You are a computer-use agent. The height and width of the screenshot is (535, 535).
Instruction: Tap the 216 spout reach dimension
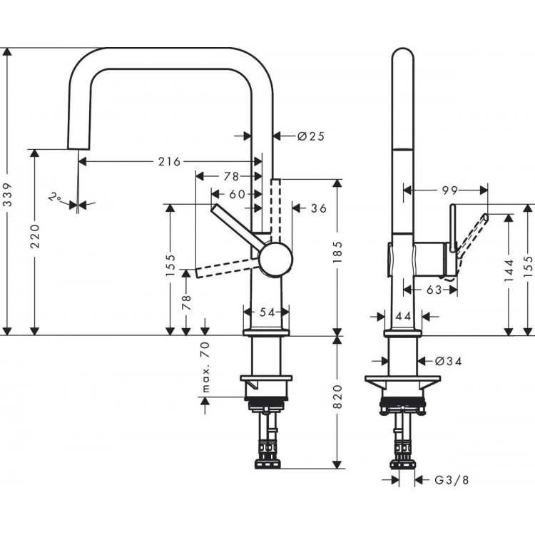(168, 161)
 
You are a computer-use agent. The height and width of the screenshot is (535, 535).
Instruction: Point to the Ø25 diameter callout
(310, 136)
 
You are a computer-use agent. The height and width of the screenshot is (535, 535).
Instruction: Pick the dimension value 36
(318, 208)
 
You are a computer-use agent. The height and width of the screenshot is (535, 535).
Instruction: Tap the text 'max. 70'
(205, 367)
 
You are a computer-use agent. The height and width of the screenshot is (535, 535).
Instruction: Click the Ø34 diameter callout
(447, 362)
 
